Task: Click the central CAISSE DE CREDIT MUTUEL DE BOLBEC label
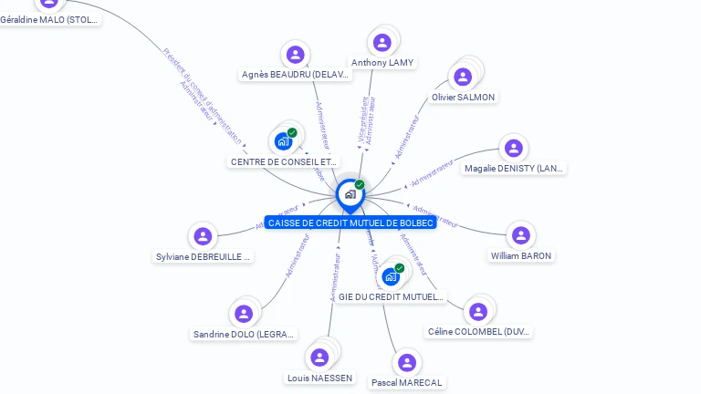pyautogui.click(x=350, y=223)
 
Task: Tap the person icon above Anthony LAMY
pyautogui.click(x=382, y=42)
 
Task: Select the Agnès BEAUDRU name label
pyautogui.click(x=296, y=75)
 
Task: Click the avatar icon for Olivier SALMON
pyautogui.click(x=464, y=77)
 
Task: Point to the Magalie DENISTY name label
pyautogui.click(x=514, y=168)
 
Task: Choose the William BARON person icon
pyautogui.click(x=521, y=235)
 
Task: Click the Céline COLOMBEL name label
pyautogui.click(x=479, y=332)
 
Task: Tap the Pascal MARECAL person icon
pyautogui.click(x=407, y=363)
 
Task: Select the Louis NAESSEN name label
pyautogui.click(x=319, y=378)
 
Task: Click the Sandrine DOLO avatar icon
pyautogui.click(x=244, y=314)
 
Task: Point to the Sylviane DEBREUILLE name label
pyautogui.click(x=203, y=257)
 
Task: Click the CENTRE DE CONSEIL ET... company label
pyautogui.click(x=284, y=162)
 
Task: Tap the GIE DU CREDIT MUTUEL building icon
pyautogui.click(x=391, y=276)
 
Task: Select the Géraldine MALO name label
pyautogui.click(x=49, y=19)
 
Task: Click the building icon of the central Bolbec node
pyautogui.click(x=350, y=194)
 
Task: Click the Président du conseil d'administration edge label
pyautogui.click(x=203, y=95)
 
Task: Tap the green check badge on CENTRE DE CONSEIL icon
pyautogui.click(x=292, y=133)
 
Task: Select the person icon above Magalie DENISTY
pyautogui.click(x=514, y=148)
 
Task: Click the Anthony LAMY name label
pyautogui.click(x=382, y=63)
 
